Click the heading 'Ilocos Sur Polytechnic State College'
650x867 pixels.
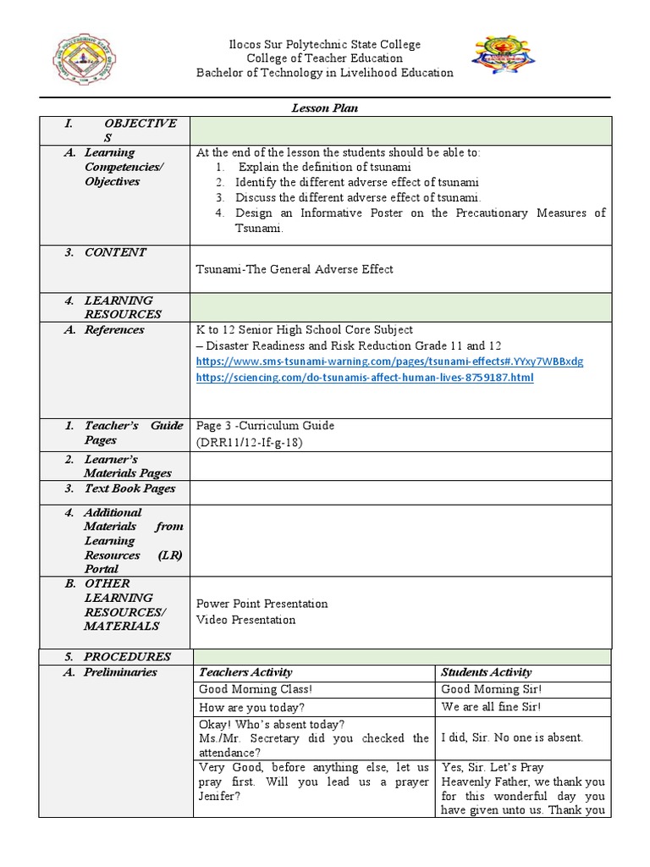coord(325,44)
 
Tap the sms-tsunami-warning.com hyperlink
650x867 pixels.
coord(389,362)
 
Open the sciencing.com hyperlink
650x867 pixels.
coord(365,378)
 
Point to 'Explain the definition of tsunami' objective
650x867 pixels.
coord(324,167)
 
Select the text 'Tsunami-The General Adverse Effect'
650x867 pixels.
coord(295,269)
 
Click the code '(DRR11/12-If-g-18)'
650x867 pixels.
coord(249,442)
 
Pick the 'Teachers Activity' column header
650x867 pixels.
coord(245,672)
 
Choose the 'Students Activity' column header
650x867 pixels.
coord(486,672)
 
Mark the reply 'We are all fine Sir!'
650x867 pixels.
coord(491,707)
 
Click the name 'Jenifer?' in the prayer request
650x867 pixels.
coord(219,797)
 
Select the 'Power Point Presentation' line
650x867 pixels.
coord(262,604)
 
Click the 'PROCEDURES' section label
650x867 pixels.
coord(127,656)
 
